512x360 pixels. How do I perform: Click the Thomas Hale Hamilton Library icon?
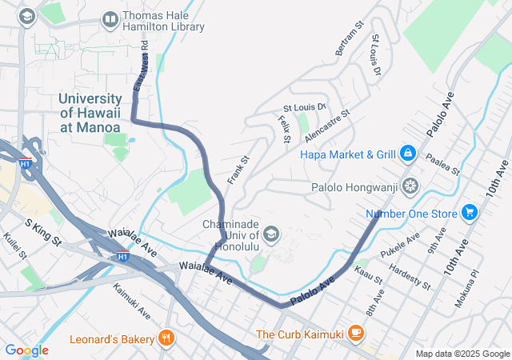coord(110,18)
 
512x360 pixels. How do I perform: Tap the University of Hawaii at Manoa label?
coord(90,113)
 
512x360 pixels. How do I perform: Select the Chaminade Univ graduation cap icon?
coord(271,234)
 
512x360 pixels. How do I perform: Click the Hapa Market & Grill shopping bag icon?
coord(407,153)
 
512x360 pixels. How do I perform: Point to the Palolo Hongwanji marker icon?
coord(410,186)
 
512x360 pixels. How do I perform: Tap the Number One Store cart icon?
coord(470,214)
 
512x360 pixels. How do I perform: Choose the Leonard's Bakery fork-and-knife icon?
coord(166,339)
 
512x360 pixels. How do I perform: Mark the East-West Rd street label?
coord(141,66)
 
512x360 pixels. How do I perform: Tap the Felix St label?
coord(284,129)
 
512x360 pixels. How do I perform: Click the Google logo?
coord(26,350)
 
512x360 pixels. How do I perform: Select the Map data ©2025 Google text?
coord(461,354)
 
